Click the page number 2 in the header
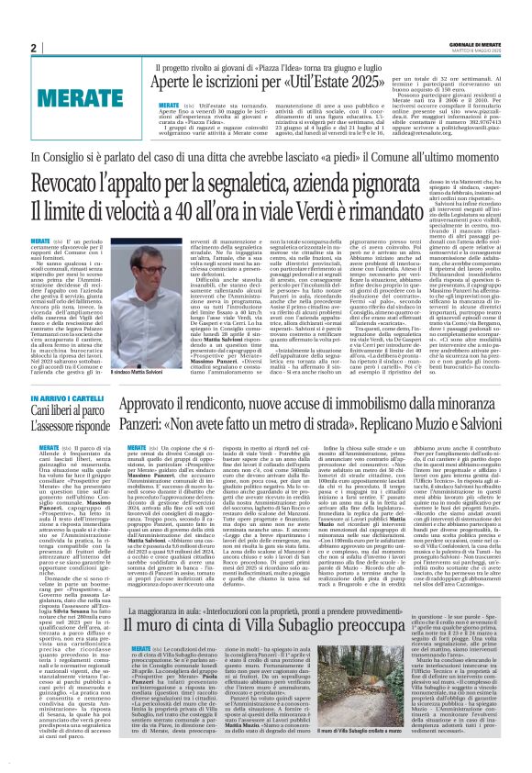32,48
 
